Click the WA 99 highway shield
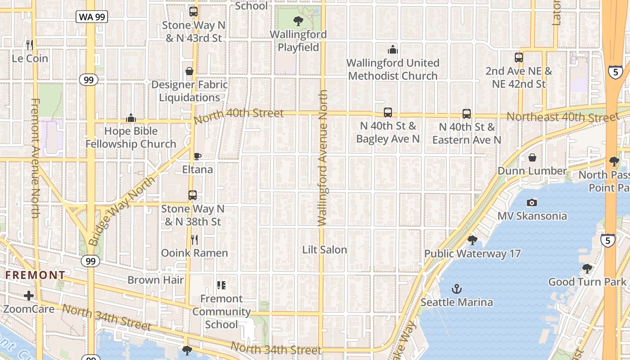[x=91, y=17]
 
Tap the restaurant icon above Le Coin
[x=30, y=45]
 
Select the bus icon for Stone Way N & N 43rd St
[x=193, y=12]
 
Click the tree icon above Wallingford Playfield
[x=298, y=21]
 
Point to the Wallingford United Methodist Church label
[x=392, y=69]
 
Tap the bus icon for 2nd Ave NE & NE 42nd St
[x=519, y=58]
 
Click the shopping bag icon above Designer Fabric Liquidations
[x=189, y=71]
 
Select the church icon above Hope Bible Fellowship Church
[x=131, y=118]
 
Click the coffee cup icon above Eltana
[x=197, y=156]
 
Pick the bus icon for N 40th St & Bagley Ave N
[x=388, y=112]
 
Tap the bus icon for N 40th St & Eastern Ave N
[x=467, y=114]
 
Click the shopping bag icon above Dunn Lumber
[x=532, y=157]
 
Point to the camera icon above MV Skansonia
[x=532, y=202]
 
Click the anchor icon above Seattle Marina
[x=457, y=288]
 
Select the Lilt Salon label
[x=324, y=250]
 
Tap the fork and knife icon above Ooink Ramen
[x=194, y=240]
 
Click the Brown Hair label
[x=156, y=280]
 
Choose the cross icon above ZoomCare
[x=29, y=296]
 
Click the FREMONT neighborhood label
[x=35, y=275]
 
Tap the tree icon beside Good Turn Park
[x=587, y=269]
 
